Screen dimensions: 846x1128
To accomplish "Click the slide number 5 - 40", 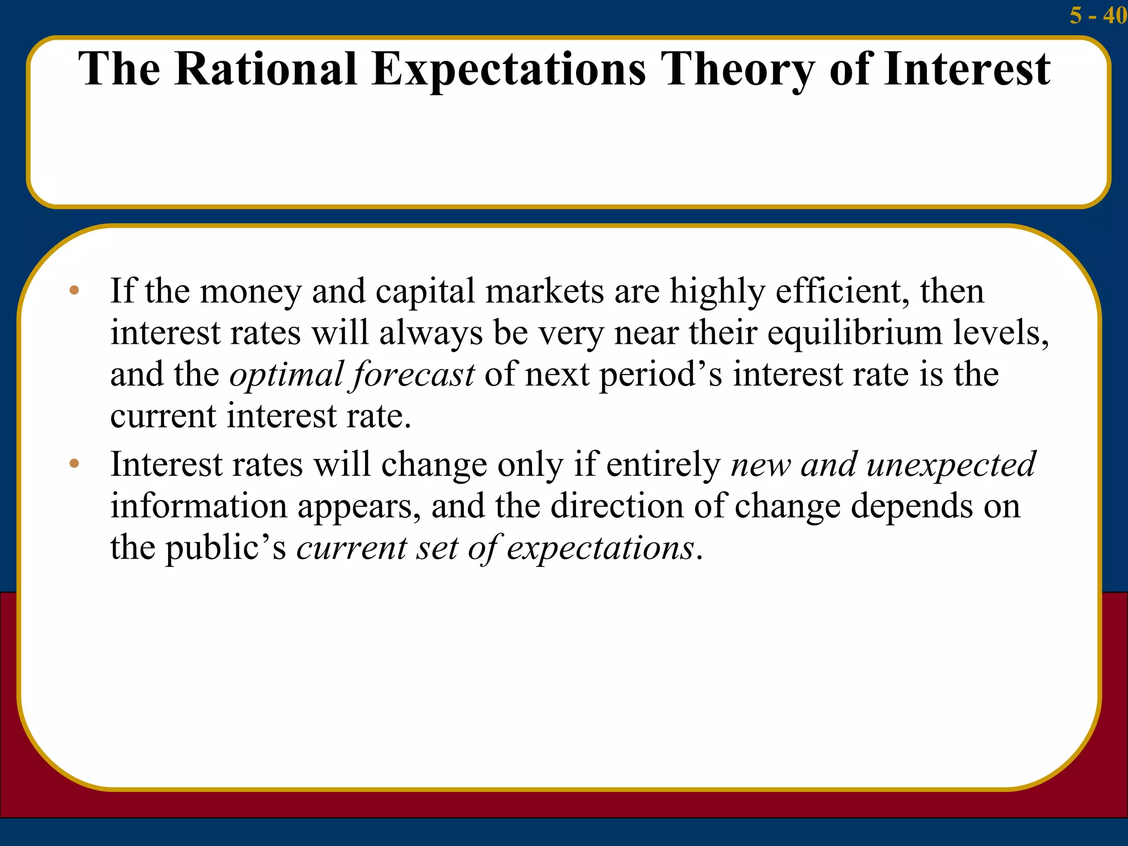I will (x=1097, y=15).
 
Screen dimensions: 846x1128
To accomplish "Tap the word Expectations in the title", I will (x=508, y=70).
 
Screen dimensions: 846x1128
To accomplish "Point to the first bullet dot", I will (x=74, y=290).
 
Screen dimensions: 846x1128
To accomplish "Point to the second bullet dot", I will (x=74, y=464).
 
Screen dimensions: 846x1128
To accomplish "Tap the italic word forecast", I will (x=413, y=375).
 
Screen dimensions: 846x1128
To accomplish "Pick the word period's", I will (x=660, y=375).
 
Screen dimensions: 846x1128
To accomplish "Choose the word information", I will (x=199, y=506).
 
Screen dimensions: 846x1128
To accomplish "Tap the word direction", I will (x=617, y=506).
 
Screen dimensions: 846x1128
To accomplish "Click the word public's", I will (x=226, y=549).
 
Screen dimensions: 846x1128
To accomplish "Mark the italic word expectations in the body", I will (x=600, y=549).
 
